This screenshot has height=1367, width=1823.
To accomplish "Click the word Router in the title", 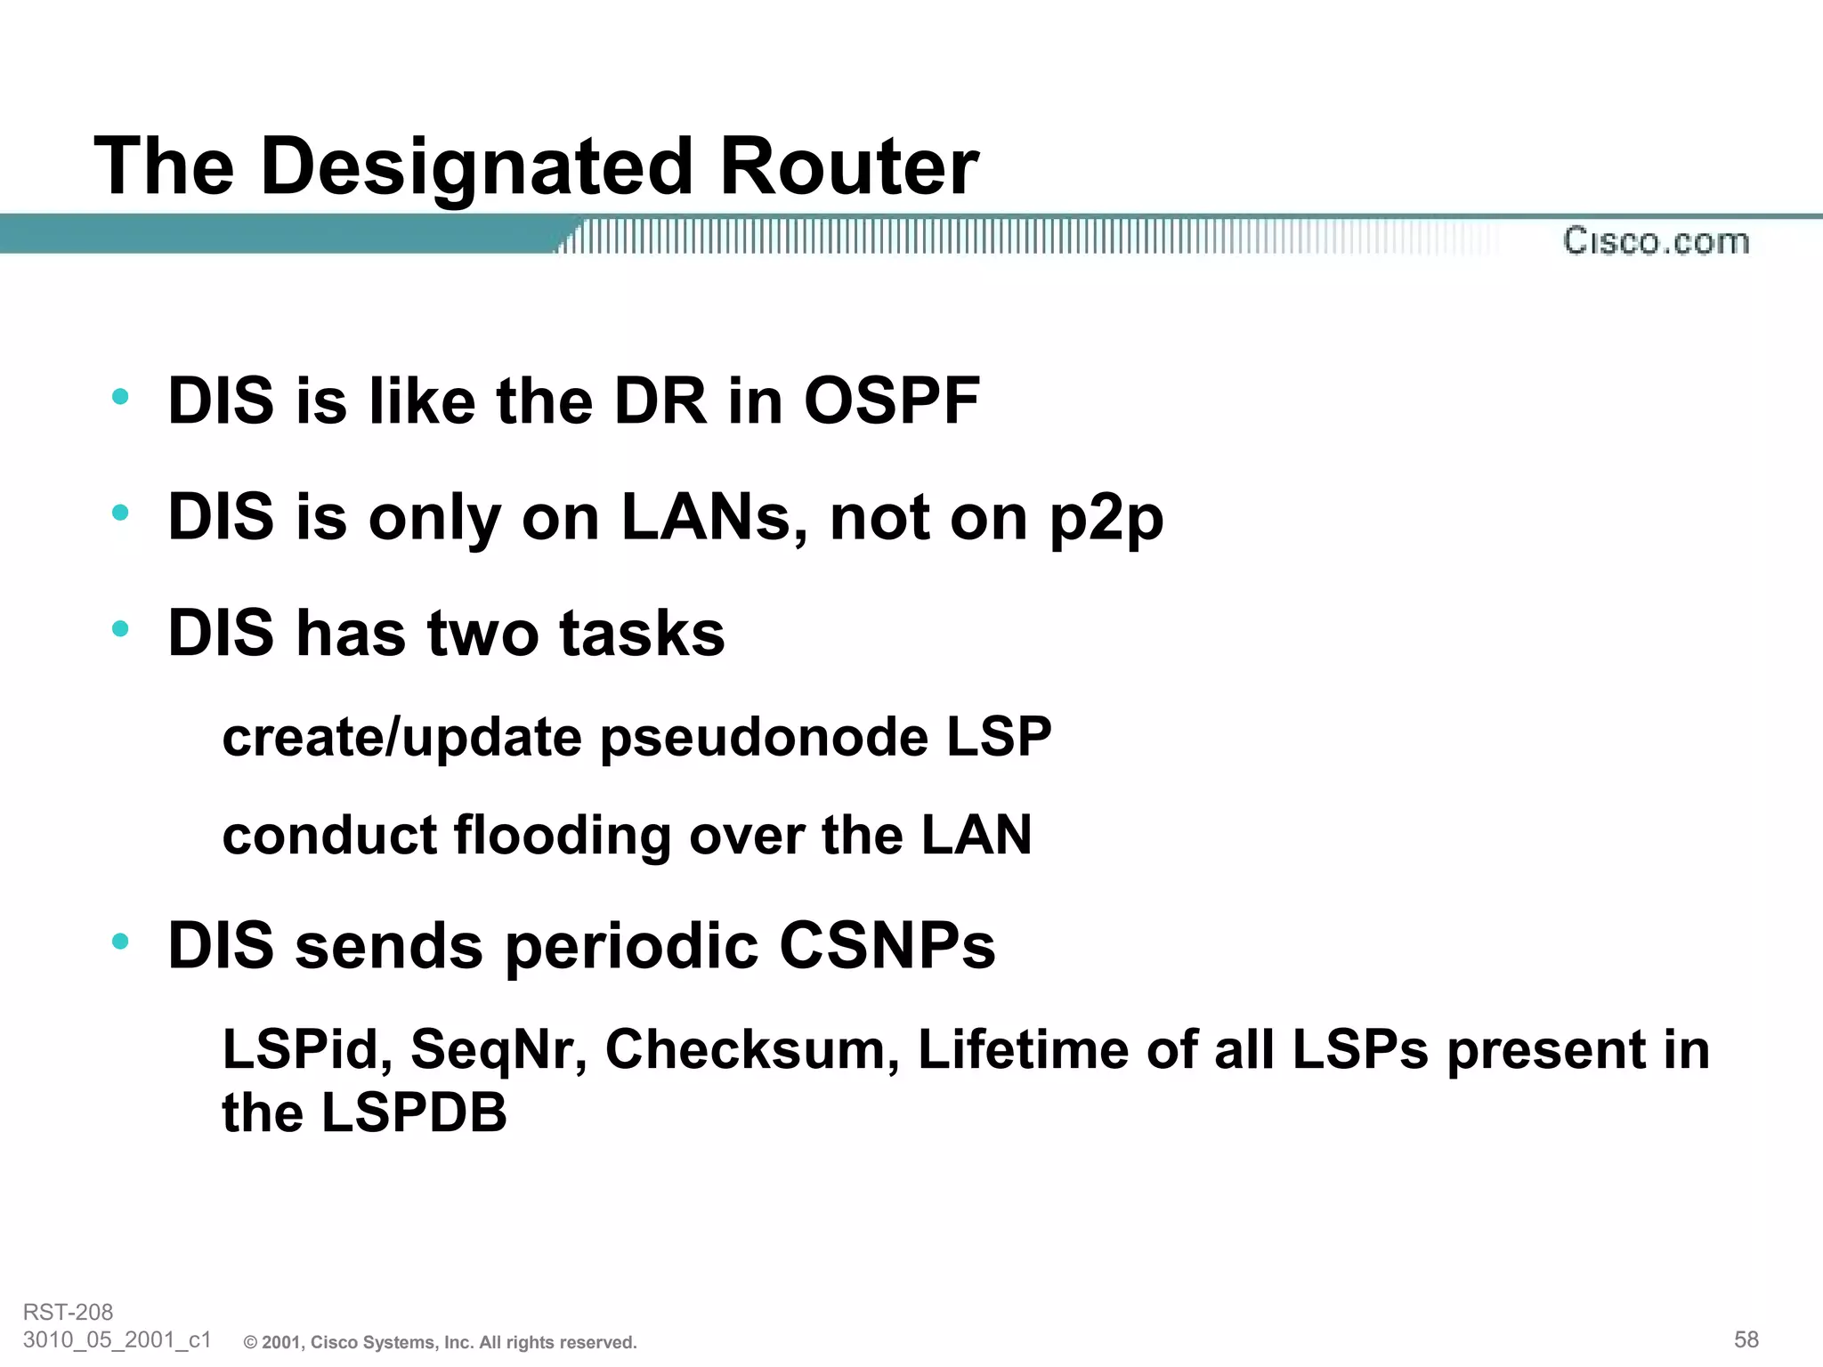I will point(848,167).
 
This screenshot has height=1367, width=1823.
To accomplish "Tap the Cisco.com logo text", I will point(1656,241).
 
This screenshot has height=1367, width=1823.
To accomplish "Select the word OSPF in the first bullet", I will point(891,401).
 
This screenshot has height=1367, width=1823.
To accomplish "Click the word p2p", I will point(1106,519).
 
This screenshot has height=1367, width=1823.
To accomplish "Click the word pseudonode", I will point(765,738).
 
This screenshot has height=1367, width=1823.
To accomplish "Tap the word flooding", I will point(562,836).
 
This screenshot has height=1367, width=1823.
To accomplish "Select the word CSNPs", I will point(887,945).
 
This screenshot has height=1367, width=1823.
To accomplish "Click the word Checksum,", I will point(752,1049).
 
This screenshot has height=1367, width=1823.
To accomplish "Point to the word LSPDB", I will point(414,1112).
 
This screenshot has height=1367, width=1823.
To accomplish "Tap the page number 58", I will point(1746,1339).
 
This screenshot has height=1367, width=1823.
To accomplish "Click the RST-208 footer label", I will point(68,1312).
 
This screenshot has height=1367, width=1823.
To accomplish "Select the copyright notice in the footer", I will point(441,1342).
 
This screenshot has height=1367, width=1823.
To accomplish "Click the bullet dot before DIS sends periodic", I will point(121,941).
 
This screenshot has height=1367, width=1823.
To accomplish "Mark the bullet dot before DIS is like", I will point(121,397).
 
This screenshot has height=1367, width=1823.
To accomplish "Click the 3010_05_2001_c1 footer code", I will point(117,1339).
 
